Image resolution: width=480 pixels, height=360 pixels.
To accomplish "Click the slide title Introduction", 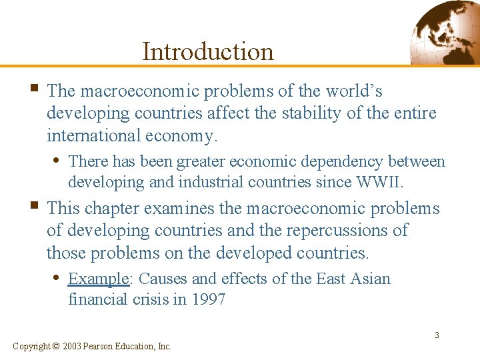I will (208, 51).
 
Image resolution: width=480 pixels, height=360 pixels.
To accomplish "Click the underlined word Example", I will (98, 278).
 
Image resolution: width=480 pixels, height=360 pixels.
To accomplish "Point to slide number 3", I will (437, 335).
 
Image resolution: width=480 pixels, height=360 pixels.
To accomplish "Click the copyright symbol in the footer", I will (56, 346).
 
